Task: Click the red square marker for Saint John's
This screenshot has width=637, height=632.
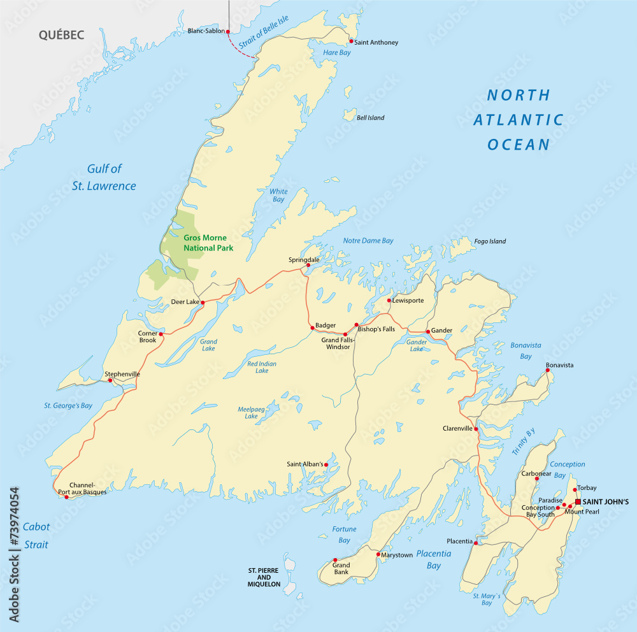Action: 578,501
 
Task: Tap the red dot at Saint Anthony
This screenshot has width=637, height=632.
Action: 351,41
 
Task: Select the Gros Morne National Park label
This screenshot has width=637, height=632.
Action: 208,243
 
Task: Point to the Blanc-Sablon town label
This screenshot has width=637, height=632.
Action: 206,31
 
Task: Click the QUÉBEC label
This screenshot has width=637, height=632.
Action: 61,35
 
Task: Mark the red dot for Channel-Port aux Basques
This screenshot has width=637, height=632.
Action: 67,496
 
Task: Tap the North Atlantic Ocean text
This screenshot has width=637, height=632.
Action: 519,120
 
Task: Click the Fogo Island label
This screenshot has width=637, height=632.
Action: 490,241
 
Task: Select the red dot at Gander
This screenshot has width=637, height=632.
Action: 427,331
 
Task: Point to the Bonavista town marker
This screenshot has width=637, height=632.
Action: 547,370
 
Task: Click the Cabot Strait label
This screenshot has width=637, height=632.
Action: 36,535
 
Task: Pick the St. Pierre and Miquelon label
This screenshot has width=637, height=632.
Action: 264,576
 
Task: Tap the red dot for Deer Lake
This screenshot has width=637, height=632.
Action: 203,303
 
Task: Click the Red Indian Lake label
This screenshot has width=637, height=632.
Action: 262,367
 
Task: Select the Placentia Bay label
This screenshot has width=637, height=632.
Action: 434,559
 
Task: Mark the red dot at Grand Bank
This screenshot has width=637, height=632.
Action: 335,560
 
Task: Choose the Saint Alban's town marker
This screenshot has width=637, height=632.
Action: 326,464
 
